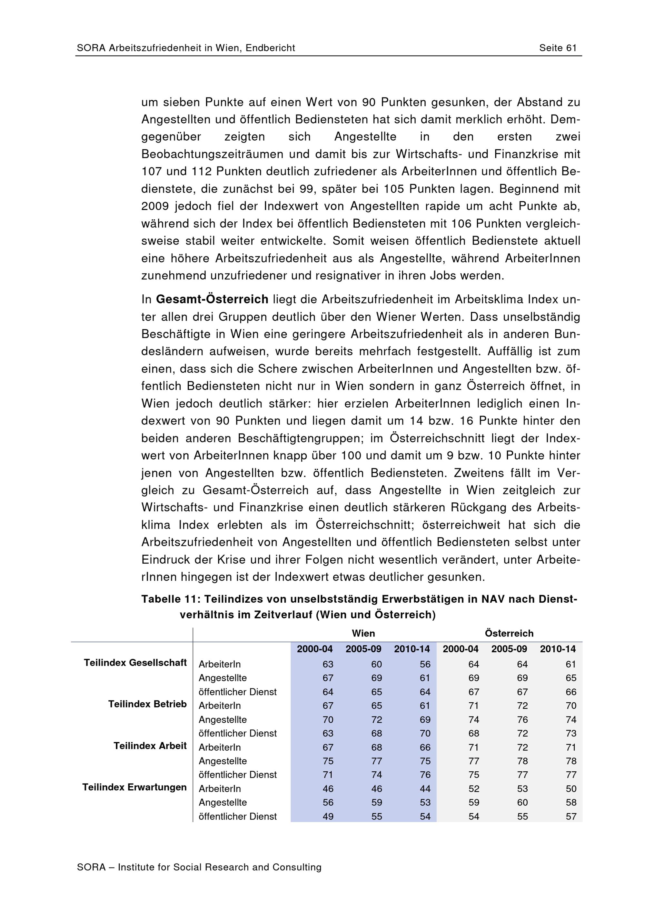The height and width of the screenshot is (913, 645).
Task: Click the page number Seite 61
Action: (x=558, y=48)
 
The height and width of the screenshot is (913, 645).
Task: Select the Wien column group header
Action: (x=363, y=633)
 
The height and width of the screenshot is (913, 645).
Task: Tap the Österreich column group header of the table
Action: (x=509, y=633)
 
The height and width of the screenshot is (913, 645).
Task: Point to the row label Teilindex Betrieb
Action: (x=147, y=704)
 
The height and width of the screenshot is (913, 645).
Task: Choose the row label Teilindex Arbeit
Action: (x=150, y=746)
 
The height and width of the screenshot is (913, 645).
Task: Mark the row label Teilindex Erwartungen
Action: (x=134, y=787)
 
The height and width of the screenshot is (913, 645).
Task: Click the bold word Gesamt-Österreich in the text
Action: (x=212, y=299)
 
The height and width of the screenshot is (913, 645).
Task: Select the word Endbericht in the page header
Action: (x=270, y=48)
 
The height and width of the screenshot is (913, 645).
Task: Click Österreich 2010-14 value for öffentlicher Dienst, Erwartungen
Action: (x=571, y=816)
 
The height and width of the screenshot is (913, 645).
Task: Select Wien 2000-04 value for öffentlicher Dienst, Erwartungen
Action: (x=328, y=816)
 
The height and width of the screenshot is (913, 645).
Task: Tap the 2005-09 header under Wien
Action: (x=363, y=649)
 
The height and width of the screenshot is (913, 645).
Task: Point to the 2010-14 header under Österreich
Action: (x=558, y=649)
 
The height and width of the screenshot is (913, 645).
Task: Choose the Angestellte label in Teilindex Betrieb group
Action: (x=223, y=720)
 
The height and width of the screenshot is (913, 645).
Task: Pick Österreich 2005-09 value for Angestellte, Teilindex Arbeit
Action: (x=522, y=761)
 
